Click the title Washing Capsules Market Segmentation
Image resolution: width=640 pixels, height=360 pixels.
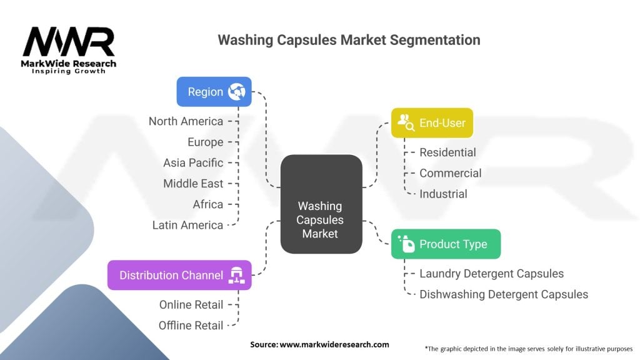(349, 40)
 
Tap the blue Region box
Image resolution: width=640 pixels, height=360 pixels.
(214, 92)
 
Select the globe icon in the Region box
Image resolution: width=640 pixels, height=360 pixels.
(237, 92)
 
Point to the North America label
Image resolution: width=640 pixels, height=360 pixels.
(186, 121)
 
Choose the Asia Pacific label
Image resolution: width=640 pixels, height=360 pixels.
(192, 162)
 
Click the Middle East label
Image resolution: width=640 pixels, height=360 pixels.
(192, 183)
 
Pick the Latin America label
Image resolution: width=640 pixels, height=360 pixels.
(187, 225)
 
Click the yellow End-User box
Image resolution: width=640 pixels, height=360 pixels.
(432, 123)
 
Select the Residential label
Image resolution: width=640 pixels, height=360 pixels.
(447, 152)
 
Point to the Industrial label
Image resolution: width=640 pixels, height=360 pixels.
(443, 194)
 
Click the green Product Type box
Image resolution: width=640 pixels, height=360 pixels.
(446, 244)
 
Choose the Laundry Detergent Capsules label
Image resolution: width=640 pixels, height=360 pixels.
(491, 274)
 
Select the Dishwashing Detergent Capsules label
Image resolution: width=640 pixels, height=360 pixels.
(504, 294)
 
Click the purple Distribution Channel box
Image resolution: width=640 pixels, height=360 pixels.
(179, 275)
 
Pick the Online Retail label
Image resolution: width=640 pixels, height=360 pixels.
(191, 304)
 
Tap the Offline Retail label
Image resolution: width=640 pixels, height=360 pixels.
(191, 325)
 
